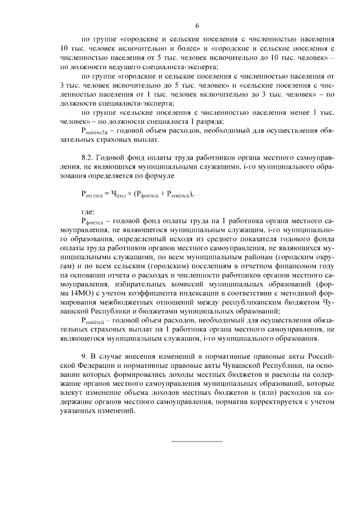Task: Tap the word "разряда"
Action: (x=210, y=121)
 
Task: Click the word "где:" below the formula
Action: (x=88, y=211)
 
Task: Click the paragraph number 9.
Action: (x=84, y=357)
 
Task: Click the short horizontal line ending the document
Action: (x=197, y=440)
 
